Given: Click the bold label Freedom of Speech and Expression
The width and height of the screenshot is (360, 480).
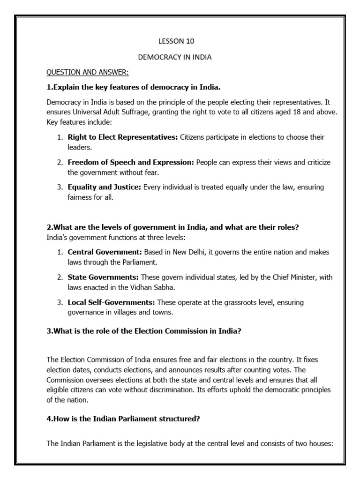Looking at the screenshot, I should (x=131, y=162).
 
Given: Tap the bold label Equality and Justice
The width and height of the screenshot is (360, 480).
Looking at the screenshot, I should (x=105, y=187).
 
